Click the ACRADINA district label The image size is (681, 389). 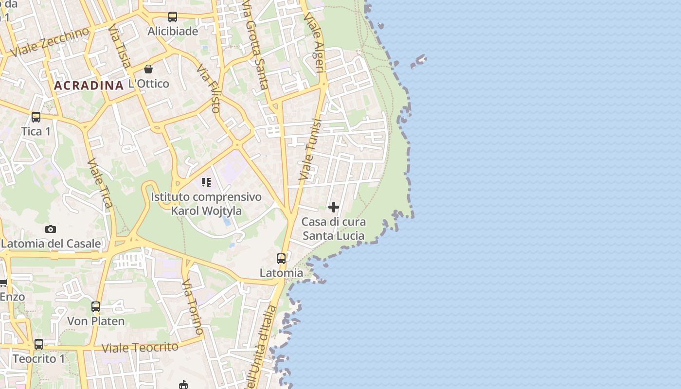click(x=89, y=86)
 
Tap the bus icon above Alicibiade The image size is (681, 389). click(x=173, y=17)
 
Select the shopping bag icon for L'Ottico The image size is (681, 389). click(x=148, y=69)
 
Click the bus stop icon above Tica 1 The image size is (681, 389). click(x=36, y=117)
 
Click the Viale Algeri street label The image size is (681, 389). click(x=314, y=42)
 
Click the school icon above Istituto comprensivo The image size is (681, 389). click(x=206, y=182)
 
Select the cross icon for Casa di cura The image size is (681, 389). click(x=334, y=207)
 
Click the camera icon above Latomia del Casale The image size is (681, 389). click(x=51, y=229)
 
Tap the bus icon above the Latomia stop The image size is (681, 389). click(x=281, y=258)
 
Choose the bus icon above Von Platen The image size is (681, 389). click(x=96, y=307)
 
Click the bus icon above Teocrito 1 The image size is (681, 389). click(x=39, y=344)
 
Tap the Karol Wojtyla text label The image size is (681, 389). click(x=206, y=211)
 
